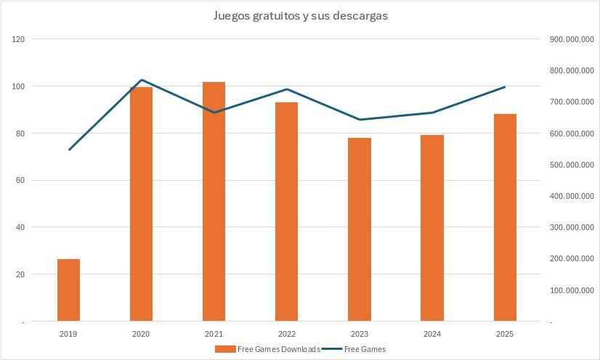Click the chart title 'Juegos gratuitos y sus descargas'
point(300,16)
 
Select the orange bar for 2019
point(68,290)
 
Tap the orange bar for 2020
point(141,204)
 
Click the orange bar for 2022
point(286,211)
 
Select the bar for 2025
point(505,217)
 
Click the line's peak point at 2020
point(141,80)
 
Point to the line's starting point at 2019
point(69,150)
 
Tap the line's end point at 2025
point(505,87)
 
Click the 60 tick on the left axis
point(20,180)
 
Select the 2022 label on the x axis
point(286,334)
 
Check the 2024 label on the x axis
point(431,334)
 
